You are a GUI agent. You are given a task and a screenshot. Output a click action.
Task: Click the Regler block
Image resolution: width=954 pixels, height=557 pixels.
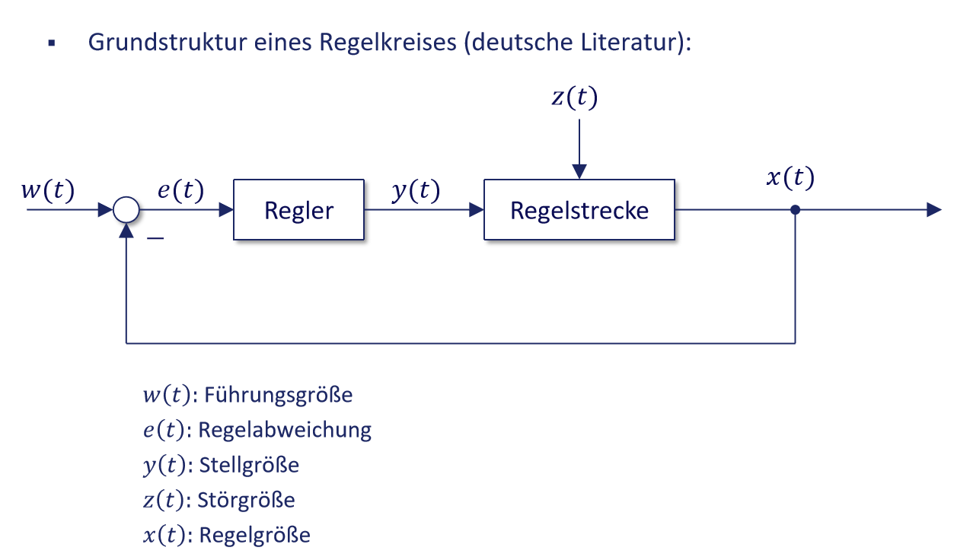[298, 210]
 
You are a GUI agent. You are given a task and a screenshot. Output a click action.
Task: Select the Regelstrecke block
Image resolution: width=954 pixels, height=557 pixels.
[579, 210]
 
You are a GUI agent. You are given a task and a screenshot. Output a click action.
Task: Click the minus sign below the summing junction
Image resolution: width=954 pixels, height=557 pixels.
[155, 239]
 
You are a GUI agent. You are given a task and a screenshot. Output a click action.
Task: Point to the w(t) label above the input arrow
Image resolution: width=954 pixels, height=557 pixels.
[47, 191]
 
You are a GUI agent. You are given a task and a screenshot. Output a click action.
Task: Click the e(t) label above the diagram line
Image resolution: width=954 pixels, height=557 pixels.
[180, 191]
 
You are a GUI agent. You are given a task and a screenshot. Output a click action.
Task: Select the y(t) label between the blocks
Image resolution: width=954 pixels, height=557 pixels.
[416, 191]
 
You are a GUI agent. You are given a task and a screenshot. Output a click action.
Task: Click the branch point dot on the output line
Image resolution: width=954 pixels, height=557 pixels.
[795, 210]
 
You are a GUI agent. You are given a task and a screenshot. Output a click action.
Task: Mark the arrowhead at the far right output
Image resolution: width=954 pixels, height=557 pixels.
[934, 210]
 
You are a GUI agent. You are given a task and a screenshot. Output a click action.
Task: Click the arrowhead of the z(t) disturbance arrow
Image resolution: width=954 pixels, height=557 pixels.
[579, 172]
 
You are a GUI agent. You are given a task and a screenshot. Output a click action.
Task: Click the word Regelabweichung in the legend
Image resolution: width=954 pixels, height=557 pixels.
[285, 430]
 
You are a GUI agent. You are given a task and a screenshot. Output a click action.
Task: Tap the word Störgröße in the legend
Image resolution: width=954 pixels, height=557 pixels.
[246, 500]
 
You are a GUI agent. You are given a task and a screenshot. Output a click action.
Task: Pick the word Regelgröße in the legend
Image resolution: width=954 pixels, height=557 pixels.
[254, 535]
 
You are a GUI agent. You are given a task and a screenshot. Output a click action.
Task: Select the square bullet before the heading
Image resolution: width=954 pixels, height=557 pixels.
[52, 43]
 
